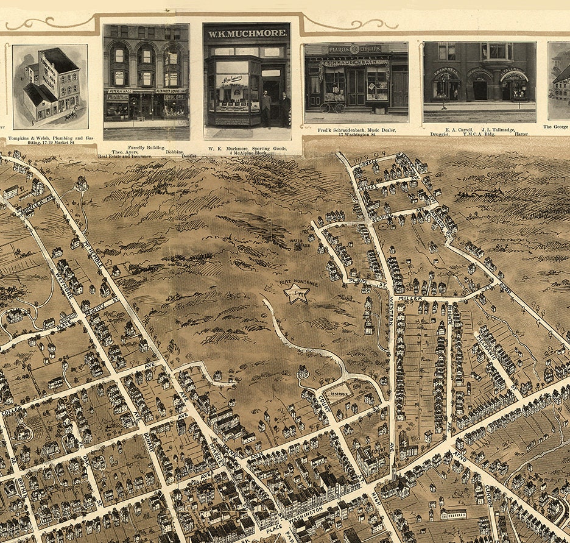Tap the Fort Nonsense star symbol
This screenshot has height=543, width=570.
pos(297,294)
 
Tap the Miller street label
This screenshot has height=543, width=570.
pos(410,299)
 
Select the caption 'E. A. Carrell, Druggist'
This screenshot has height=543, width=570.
pos(445,130)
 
